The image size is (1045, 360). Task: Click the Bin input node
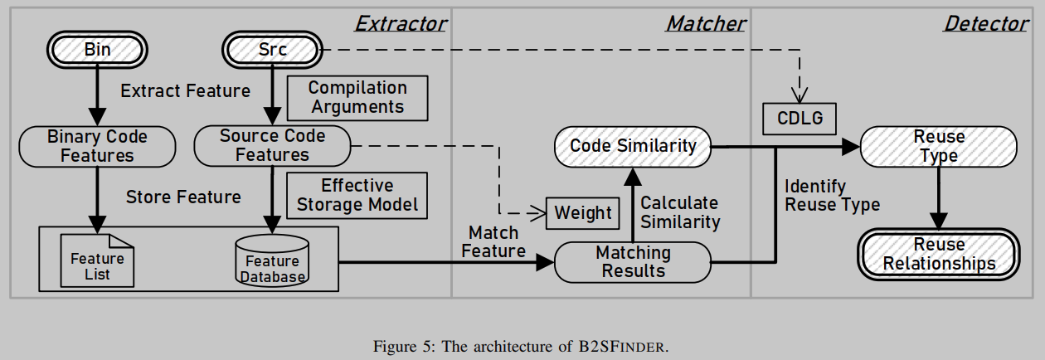coord(97,50)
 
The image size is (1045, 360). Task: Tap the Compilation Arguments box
coord(357,98)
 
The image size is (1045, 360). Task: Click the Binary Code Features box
coord(97,146)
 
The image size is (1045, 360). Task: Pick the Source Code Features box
coord(272,146)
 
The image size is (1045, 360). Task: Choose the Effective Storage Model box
coord(357,195)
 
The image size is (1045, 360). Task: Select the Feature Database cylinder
coord(272,260)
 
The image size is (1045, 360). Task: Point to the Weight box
coord(582,213)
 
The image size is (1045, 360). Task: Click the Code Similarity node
coord(633,147)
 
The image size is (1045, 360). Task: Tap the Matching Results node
coord(633,261)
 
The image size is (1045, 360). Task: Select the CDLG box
coord(800,119)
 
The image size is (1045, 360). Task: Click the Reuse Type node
coord(939,147)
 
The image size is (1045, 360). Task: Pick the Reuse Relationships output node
coord(939,255)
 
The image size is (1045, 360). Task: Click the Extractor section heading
coord(401,23)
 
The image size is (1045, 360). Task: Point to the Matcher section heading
coord(705,23)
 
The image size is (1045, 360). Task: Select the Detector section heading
coord(985,23)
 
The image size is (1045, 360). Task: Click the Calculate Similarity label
coord(679,212)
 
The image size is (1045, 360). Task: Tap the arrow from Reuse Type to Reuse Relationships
coord(939,199)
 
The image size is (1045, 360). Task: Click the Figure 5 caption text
coord(522,346)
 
